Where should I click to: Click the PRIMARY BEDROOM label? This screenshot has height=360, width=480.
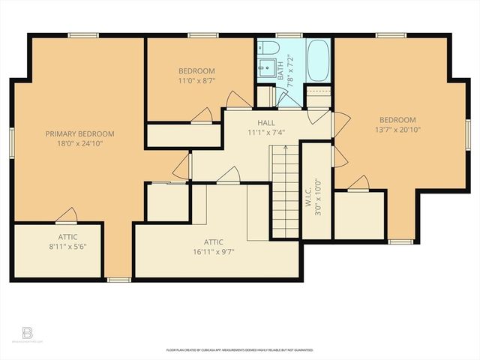[73, 133]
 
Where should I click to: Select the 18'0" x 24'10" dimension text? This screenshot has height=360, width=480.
[73, 143]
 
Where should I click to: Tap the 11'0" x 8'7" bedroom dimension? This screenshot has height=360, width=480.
[196, 80]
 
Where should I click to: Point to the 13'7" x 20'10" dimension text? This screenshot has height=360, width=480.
[397, 130]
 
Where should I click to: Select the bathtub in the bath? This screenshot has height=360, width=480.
[318, 61]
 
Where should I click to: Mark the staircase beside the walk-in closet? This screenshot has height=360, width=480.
[285, 191]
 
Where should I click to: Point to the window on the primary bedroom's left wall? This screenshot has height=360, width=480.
[12, 142]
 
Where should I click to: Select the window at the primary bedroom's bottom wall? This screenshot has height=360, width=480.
[118, 280]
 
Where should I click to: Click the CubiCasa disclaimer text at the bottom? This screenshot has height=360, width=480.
[240, 349]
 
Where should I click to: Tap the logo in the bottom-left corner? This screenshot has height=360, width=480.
[28, 333]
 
